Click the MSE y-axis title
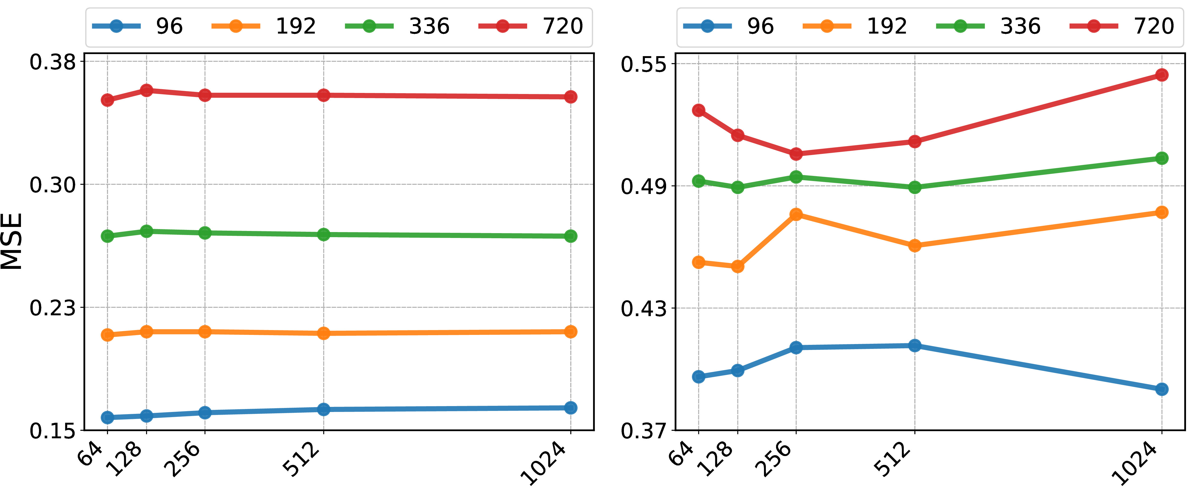[12, 241]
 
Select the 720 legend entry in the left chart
[531, 26]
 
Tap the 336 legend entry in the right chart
[988, 26]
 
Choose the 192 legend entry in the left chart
[264, 26]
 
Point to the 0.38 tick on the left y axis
[53, 62]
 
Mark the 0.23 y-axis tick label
[53, 307]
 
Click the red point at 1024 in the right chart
[1162, 75]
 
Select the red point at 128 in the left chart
[147, 90]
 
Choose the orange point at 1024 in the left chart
[571, 331]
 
